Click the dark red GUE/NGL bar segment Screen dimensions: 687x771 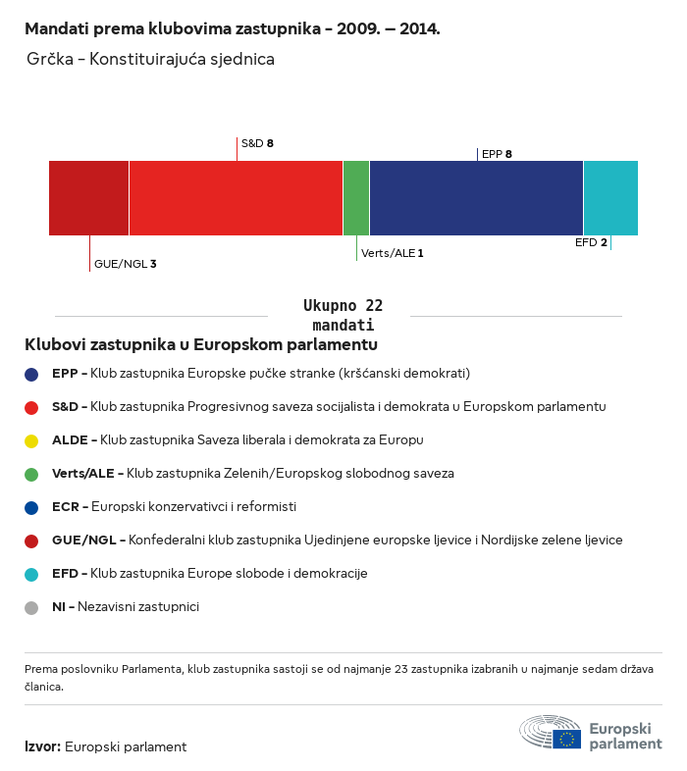(x=88, y=198)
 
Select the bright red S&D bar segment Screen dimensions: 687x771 (x=236, y=198)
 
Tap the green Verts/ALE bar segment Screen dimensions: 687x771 (x=356, y=198)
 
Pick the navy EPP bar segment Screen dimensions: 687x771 (x=476, y=198)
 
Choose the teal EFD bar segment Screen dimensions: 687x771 (x=610, y=198)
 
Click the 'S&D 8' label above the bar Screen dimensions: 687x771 (x=257, y=143)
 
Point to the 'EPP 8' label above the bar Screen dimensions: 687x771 (x=497, y=154)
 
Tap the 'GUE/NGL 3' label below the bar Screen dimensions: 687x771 (x=125, y=264)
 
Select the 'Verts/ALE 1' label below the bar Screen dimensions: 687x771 (x=392, y=253)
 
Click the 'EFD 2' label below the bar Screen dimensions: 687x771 (x=591, y=242)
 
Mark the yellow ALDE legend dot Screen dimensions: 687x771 (x=31, y=441)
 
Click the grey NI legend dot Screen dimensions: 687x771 (x=31, y=608)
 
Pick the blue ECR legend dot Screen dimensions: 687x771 (x=31, y=508)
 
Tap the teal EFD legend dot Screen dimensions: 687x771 (x=31, y=574)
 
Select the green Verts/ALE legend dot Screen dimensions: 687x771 (x=31, y=475)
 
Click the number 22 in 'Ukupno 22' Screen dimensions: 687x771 (x=374, y=305)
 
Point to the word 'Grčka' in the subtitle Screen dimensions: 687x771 (x=50, y=59)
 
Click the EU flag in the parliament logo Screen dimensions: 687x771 (x=567, y=739)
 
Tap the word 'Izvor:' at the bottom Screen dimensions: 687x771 (x=43, y=746)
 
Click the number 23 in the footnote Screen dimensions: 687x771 (x=401, y=669)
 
